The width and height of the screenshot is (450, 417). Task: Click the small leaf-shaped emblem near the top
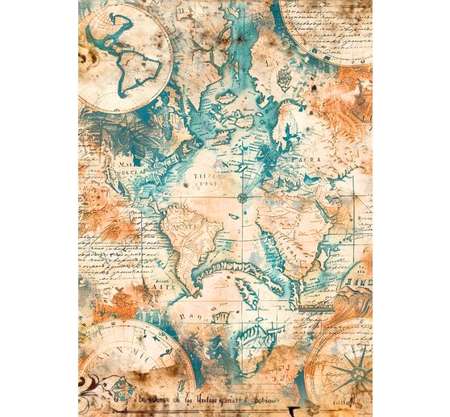pyautogui.click(x=284, y=77)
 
